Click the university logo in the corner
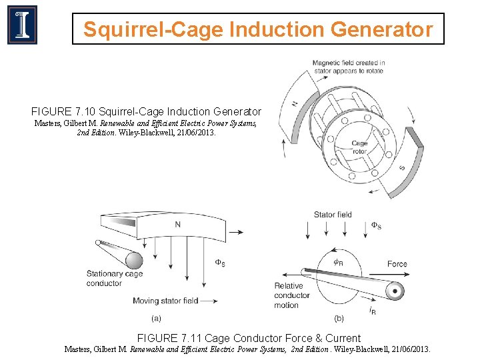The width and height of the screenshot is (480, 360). (22, 25)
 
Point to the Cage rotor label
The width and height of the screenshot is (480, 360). (359, 147)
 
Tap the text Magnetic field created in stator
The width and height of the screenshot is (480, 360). (349, 67)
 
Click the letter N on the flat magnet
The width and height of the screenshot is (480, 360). (177, 225)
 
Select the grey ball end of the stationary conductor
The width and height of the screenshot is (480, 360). (134, 260)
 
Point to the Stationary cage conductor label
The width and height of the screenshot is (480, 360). (114, 278)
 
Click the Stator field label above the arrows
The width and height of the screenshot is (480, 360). (333, 215)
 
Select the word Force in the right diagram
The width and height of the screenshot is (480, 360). (397, 264)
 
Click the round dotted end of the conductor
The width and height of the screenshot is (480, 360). (395, 291)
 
